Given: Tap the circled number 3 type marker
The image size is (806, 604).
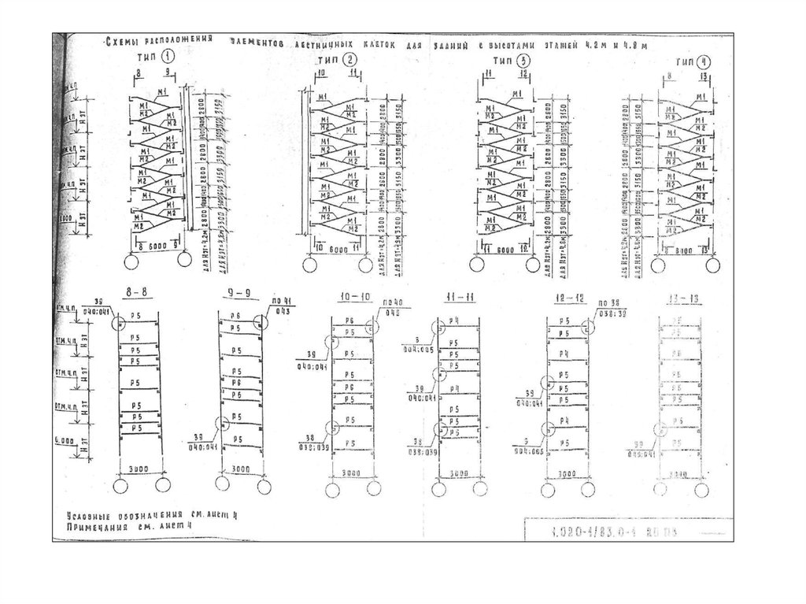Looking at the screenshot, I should (525, 61).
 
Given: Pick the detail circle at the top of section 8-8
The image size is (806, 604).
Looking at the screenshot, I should (119, 322).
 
